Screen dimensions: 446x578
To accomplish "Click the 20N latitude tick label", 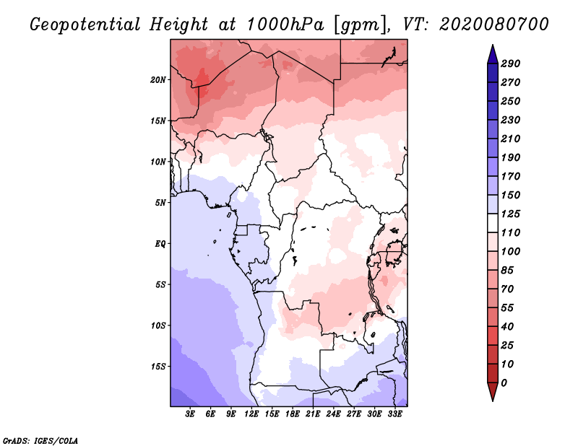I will (x=158, y=79).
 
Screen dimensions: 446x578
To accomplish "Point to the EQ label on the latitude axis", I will (x=160, y=244).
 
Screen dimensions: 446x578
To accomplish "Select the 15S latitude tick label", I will (x=158, y=367).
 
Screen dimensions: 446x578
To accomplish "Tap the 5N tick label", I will (x=160, y=203).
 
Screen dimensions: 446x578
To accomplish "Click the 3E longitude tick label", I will (x=191, y=415).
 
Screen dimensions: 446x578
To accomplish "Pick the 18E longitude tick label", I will (x=293, y=415).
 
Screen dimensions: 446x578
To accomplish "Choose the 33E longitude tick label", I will (x=394, y=415).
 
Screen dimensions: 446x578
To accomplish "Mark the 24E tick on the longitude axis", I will (x=333, y=415).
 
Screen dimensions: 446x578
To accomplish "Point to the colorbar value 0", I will (x=504, y=383).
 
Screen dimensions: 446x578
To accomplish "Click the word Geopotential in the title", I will (x=86, y=25).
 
